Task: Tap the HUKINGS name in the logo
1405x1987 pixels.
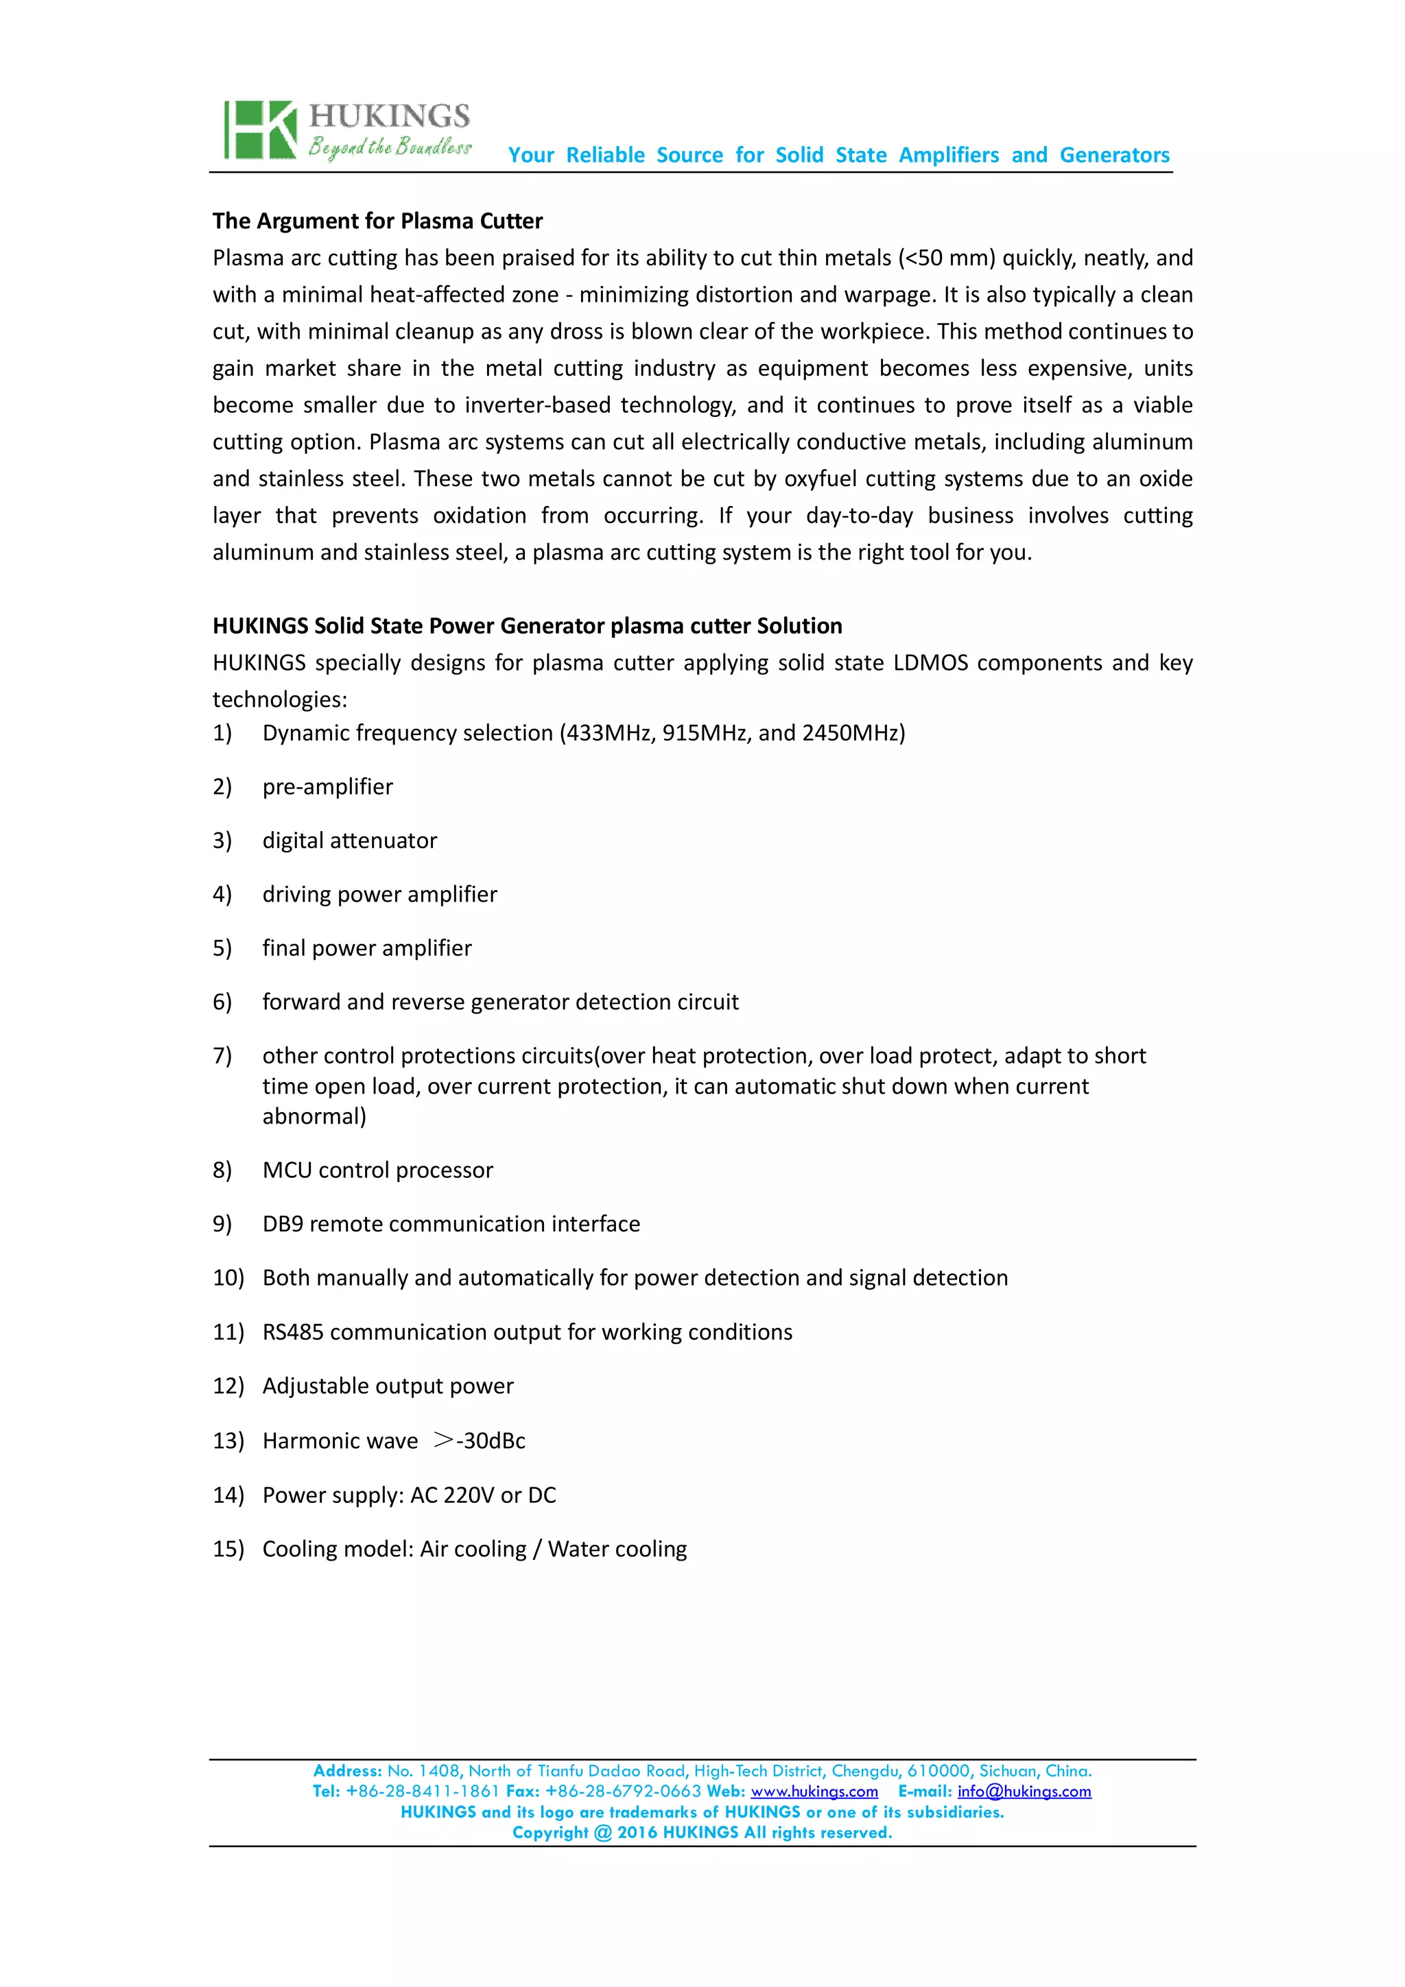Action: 389,116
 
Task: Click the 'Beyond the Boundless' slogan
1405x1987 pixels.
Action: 389,147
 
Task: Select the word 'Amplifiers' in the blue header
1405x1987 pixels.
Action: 948,155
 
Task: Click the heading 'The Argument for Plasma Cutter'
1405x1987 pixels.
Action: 377,221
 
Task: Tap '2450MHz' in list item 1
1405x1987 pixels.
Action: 853,733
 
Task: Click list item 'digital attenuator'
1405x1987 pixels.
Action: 350,841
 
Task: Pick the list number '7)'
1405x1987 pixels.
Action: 222,1056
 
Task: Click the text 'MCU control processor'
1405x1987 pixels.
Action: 377,1170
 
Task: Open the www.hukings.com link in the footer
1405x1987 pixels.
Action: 814,1792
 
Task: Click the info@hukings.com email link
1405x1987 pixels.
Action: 1024,1792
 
